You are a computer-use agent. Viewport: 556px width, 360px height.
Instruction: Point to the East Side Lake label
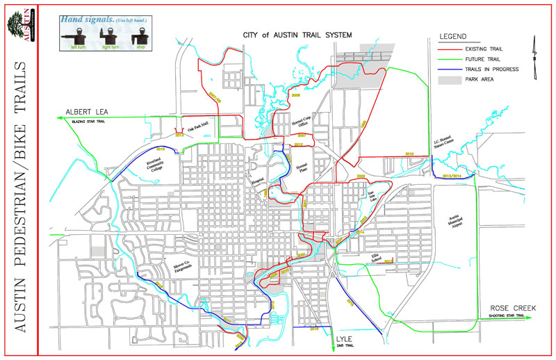coord(372,194)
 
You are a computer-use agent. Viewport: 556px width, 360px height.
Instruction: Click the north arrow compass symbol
coord(534,50)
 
